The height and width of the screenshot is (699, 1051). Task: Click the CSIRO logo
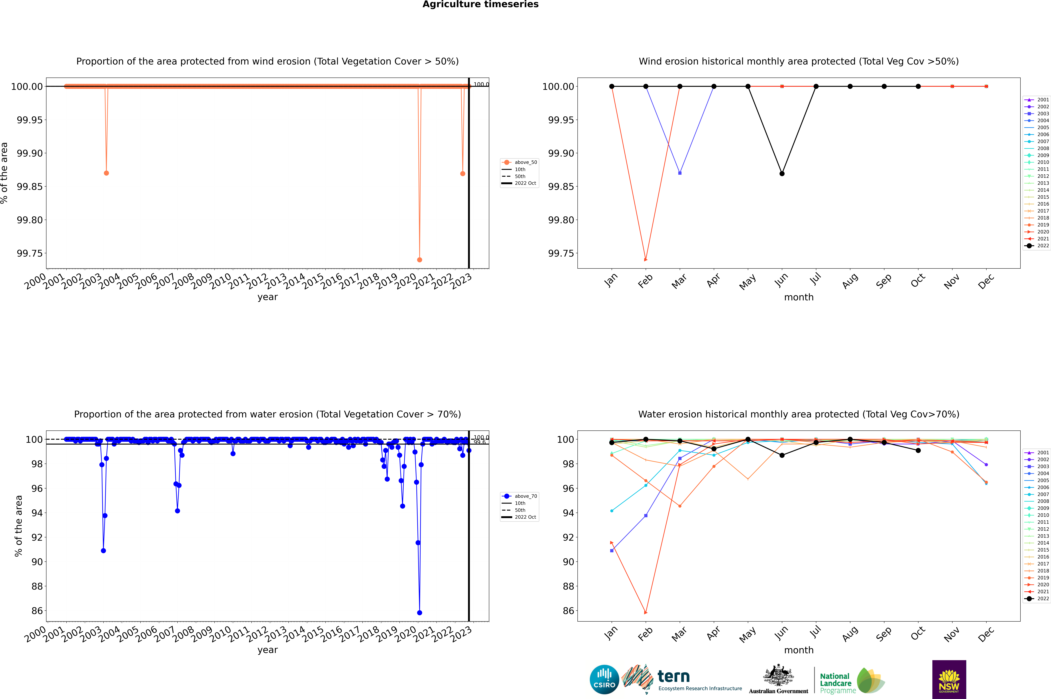(604, 679)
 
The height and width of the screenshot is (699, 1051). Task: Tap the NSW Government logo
(949, 679)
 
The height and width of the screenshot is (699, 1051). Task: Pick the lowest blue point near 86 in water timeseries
(419, 612)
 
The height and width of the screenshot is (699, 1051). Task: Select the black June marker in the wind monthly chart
(782, 173)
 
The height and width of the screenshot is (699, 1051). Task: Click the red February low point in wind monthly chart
(646, 259)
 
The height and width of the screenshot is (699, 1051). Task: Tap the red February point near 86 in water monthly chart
(646, 612)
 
